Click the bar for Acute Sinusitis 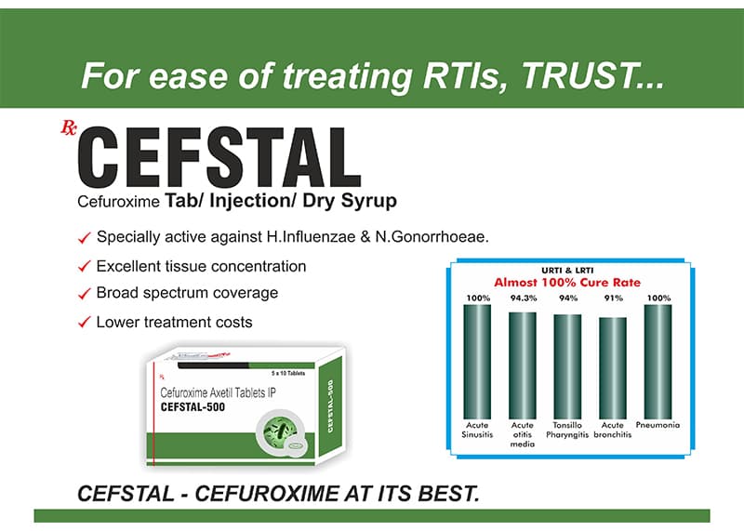tap(477, 362)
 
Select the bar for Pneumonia tap(658, 362)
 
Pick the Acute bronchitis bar tap(613, 368)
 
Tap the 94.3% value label tap(524, 298)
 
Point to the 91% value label tap(613, 298)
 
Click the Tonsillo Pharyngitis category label tap(567, 430)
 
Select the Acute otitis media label tap(522, 434)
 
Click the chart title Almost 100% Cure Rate tap(567, 283)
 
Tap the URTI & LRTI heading tap(567, 271)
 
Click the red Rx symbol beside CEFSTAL tap(68, 127)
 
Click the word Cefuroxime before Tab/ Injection tap(118, 202)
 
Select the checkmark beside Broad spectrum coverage tap(84, 294)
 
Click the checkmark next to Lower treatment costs tap(84, 323)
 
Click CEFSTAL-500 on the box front tap(193, 406)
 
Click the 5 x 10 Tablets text tap(288, 374)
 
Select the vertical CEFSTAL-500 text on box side tap(331, 405)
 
